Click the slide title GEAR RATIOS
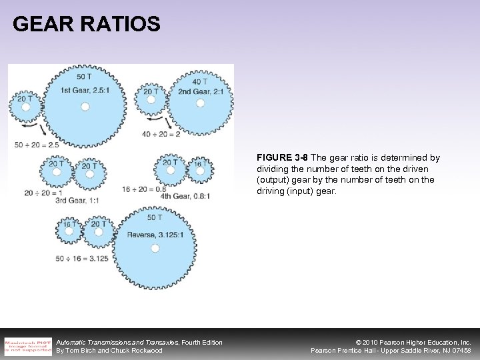(86, 25)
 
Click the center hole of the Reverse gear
(155, 248)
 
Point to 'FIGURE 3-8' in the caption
(280, 158)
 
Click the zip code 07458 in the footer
(458, 350)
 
